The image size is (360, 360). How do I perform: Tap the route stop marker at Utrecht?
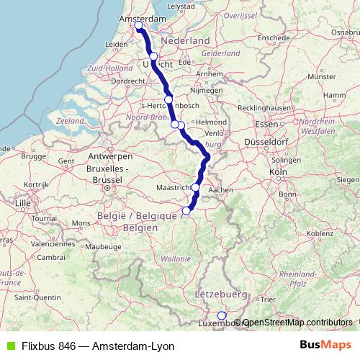[x=153, y=56]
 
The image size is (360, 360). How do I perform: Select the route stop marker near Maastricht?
[x=195, y=187]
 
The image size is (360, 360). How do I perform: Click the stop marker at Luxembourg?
[x=222, y=315]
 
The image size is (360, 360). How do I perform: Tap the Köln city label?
[x=277, y=173]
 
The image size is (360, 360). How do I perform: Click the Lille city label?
[x=23, y=203]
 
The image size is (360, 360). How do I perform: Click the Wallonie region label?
[x=176, y=258]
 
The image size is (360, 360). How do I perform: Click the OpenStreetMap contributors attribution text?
[x=301, y=323]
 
